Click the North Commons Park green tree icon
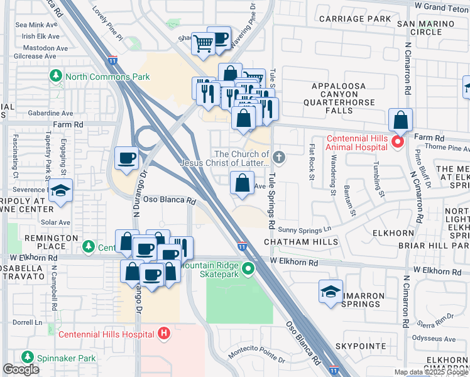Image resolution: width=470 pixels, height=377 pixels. [x=56, y=77]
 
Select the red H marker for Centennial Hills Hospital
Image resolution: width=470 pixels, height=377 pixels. [x=165, y=334]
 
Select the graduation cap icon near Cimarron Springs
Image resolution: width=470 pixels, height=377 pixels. [x=331, y=292]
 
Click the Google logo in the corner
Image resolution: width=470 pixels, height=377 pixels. [x=21, y=369]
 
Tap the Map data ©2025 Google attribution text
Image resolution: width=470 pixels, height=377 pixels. [x=430, y=372]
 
